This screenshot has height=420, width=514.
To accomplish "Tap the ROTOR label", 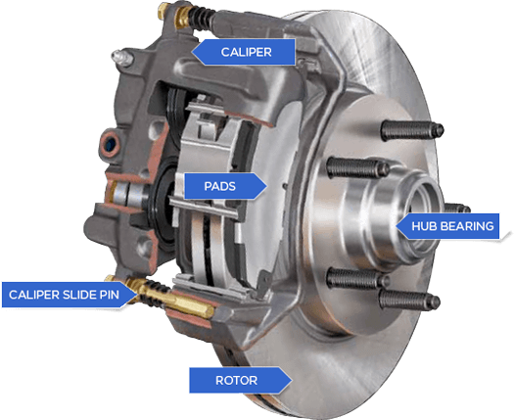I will (237, 380).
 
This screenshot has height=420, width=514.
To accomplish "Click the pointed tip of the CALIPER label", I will (194, 51).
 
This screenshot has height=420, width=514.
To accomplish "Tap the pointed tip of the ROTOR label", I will (291, 380).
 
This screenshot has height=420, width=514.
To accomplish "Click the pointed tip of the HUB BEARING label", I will (397, 227).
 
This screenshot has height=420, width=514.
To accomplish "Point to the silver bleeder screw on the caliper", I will (122, 59).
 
